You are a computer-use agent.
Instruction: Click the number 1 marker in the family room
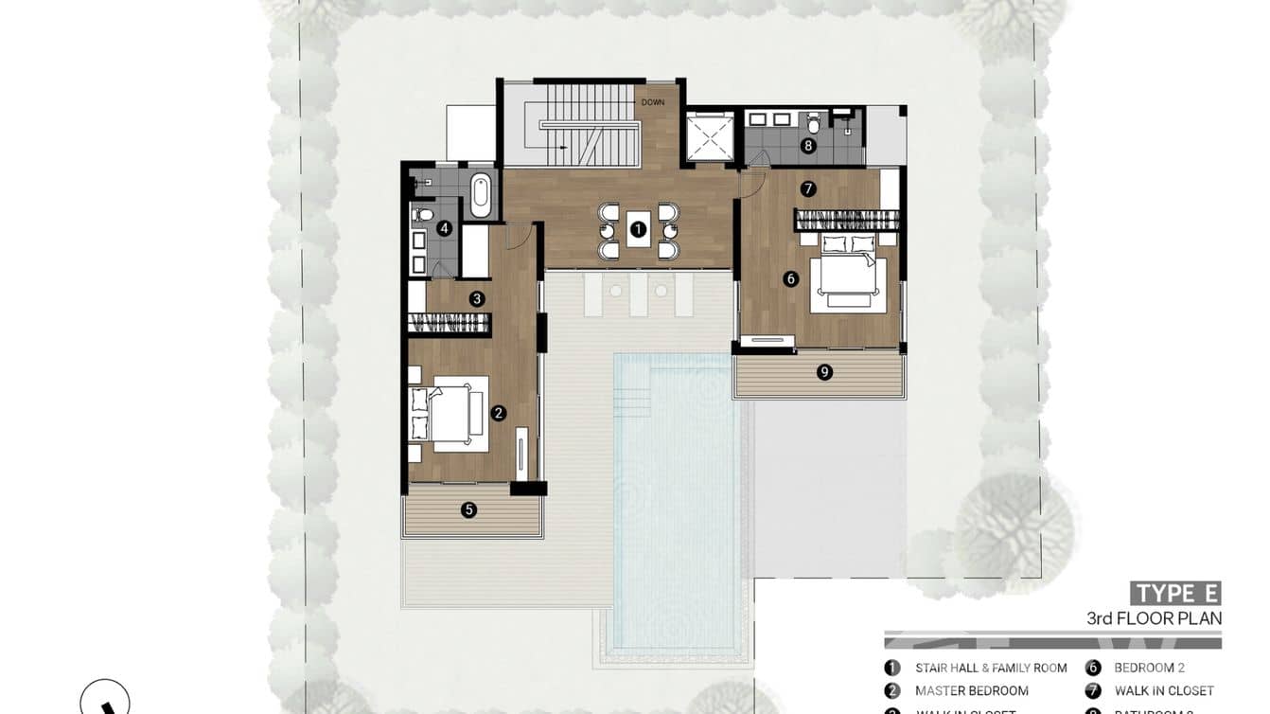tap(638, 229)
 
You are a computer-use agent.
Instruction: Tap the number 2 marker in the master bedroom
tap(499, 413)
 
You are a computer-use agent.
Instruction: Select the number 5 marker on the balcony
tap(468, 510)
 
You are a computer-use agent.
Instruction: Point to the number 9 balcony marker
tap(825, 372)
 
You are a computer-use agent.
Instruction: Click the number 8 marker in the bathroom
tap(807, 146)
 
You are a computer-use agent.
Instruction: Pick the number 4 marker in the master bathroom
tap(444, 228)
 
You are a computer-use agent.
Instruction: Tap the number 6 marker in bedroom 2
tap(790, 278)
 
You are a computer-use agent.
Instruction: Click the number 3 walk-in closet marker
tap(477, 298)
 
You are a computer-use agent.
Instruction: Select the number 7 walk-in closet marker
tap(807, 188)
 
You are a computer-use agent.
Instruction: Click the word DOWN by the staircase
tap(653, 102)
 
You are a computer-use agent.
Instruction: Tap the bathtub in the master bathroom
tap(481, 192)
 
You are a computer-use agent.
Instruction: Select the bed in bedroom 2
tap(848, 274)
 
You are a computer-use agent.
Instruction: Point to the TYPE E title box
tap(1175, 594)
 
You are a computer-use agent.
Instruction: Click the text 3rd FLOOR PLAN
tap(1155, 618)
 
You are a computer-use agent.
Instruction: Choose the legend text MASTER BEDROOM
tap(971, 691)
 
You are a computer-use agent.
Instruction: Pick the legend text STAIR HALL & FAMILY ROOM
tap(991, 668)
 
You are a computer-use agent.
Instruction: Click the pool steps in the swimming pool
tap(632, 388)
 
